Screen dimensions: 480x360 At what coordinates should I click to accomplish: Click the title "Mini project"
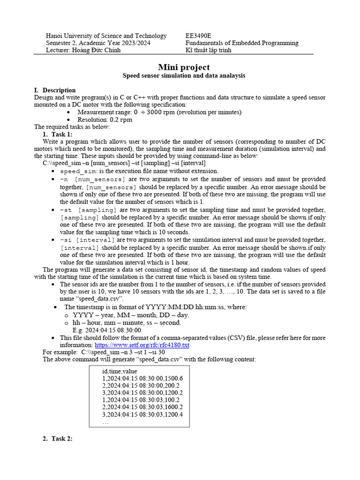[x=184, y=67]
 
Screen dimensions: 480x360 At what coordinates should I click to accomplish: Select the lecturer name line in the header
[x=83, y=50]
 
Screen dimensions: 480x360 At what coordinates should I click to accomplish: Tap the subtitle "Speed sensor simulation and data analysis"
[x=184, y=75]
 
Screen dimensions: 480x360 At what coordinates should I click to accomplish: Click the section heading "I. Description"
[x=55, y=90]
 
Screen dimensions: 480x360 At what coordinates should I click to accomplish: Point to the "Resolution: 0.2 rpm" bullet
[x=105, y=120]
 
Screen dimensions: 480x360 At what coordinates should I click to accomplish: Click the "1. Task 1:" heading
[x=57, y=134]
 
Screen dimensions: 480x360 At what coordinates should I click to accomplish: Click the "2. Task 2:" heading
[x=57, y=438]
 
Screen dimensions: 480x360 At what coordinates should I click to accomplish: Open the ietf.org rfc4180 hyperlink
[x=142, y=345]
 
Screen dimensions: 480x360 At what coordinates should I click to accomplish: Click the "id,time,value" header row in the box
[x=120, y=371]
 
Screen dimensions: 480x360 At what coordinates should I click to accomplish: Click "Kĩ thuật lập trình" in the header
[x=209, y=50]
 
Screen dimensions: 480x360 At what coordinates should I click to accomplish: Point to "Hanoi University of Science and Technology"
[x=106, y=36]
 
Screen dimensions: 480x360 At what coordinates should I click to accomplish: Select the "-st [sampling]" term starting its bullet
[x=88, y=210]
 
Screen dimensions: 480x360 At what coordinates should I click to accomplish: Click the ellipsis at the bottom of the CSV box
[x=105, y=422]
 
